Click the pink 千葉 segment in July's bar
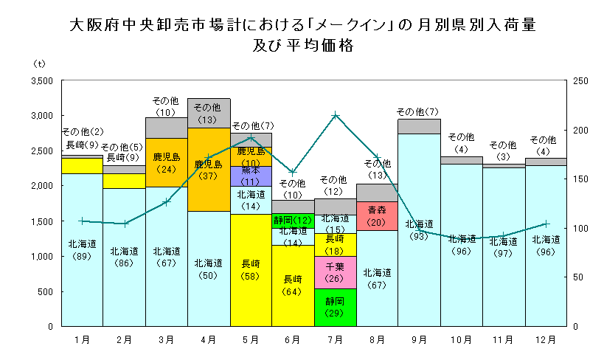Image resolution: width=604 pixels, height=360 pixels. (335, 272)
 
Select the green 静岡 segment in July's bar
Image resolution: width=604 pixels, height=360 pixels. (335, 307)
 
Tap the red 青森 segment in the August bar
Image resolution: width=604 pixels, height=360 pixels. (377, 215)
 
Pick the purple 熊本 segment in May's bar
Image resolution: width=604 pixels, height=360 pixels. (251, 176)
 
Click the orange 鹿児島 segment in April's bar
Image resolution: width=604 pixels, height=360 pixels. (209, 169)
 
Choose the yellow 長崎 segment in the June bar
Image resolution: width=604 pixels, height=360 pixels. (293, 285)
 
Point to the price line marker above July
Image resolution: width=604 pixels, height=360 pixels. (336, 115)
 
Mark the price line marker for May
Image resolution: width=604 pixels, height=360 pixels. (251, 138)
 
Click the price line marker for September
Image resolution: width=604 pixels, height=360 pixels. (419, 231)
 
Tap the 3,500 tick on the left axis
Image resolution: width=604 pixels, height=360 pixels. (41, 80)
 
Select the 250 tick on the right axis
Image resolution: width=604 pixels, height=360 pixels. (580, 80)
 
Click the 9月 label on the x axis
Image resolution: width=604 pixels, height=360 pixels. (419, 339)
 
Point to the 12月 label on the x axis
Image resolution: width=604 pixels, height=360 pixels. (545, 339)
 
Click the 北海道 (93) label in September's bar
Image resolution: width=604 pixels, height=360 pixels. (419, 229)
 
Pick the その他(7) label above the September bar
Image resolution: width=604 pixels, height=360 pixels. (419, 112)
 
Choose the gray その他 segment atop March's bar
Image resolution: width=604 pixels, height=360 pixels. (167, 128)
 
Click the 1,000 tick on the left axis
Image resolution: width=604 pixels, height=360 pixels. (41, 256)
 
